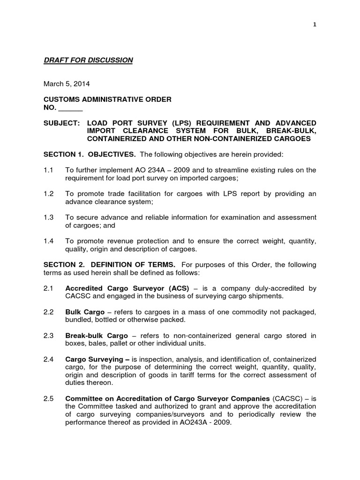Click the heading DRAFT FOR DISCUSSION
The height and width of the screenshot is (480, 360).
click(x=89, y=60)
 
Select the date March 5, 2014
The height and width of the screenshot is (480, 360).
click(x=67, y=84)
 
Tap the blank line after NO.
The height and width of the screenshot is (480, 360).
click(x=71, y=108)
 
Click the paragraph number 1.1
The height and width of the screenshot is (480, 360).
click(x=49, y=170)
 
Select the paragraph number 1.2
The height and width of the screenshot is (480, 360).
click(x=49, y=194)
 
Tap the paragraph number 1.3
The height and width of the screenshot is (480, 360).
click(x=49, y=217)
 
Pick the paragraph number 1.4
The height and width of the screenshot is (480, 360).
click(x=49, y=241)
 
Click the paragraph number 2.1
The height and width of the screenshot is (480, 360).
click(x=49, y=288)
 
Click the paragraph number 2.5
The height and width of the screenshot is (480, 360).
click(x=49, y=398)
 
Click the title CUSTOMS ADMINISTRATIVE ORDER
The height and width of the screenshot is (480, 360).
click(x=107, y=99)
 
